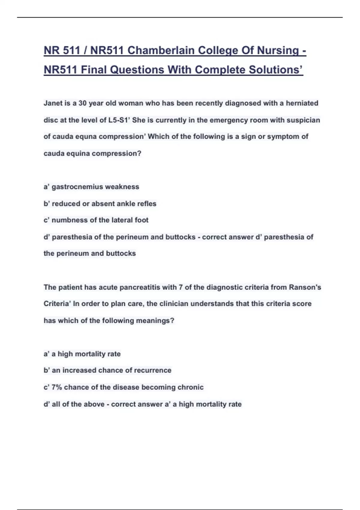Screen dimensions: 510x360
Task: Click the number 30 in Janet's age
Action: point(82,103)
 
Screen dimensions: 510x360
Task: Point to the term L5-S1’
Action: point(119,120)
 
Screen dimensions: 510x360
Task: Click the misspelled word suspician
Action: point(303,120)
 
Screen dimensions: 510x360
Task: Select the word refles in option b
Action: point(147,204)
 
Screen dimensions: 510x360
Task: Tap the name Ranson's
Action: point(305,287)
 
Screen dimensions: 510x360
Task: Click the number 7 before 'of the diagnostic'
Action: point(181,287)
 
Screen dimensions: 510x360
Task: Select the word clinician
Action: point(174,304)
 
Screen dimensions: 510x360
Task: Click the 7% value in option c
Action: point(57,387)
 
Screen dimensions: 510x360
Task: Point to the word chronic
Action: point(190,387)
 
